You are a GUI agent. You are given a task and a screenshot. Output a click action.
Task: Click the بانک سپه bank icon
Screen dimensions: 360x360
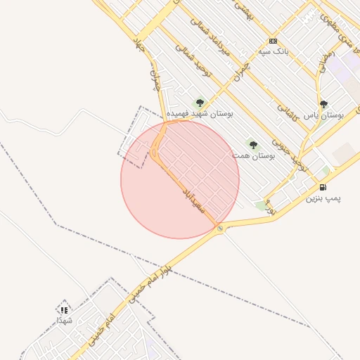pos(273,41)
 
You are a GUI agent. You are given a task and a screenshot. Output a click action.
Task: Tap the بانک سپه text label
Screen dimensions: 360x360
pos(273,51)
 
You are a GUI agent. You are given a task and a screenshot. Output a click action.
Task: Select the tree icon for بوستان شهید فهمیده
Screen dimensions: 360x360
pos(199,103)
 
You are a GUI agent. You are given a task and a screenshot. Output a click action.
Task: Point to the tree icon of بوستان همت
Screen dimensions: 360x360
pos(253,145)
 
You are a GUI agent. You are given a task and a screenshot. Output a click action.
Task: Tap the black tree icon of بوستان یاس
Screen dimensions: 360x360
pos(323,104)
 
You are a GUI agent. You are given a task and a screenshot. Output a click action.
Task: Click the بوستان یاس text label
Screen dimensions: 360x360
pos(323,114)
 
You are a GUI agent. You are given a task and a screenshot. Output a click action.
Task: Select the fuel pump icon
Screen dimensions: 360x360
pos(323,187)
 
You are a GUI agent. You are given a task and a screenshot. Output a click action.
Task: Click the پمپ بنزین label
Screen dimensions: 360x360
pos(323,198)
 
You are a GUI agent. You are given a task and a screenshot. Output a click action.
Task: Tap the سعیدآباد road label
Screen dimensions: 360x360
pos(193,199)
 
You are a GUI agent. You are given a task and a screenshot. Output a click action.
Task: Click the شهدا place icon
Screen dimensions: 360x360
pos(64,309)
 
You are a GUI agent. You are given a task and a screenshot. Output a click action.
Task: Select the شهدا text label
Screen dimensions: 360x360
pos(64,320)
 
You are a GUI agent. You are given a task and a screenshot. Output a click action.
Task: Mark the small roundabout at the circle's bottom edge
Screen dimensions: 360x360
pos(221,229)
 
